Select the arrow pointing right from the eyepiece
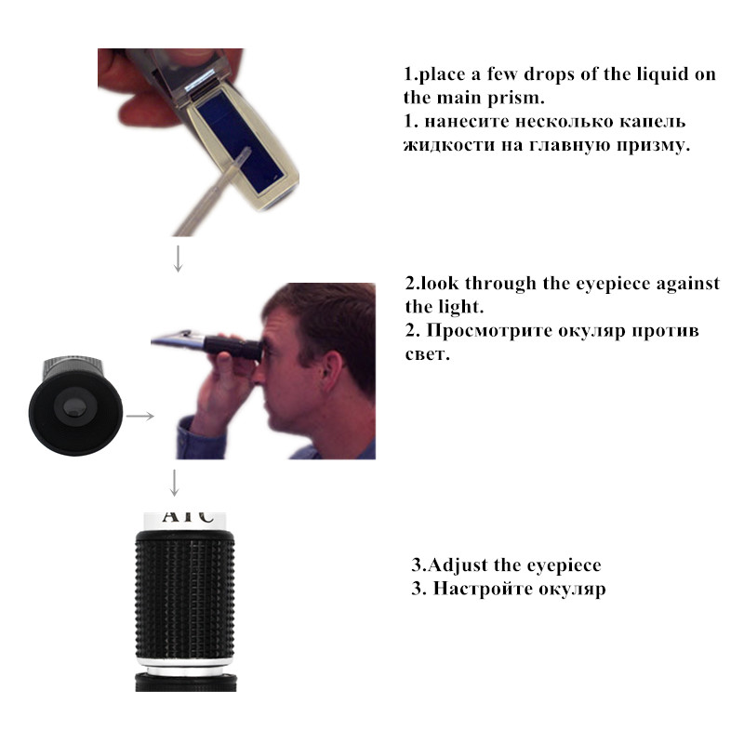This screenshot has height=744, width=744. point(139,416)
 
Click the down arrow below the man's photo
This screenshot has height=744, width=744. point(174,482)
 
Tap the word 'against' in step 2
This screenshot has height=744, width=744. point(685,284)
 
